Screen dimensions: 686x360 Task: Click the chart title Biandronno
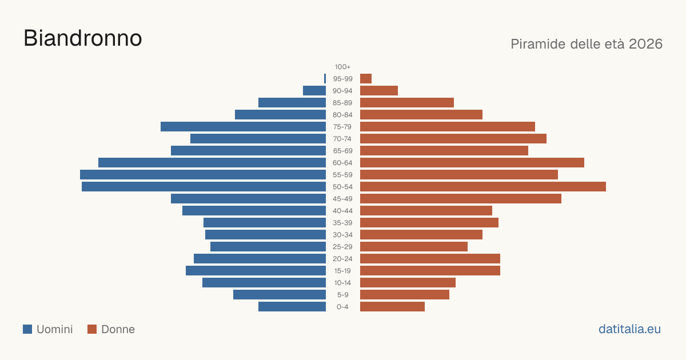click(83, 38)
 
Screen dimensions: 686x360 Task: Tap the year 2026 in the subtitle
click(645, 44)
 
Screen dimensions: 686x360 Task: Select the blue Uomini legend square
click(27, 329)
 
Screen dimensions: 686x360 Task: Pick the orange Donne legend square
click(92, 329)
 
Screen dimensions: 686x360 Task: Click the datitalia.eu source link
click(629, 329)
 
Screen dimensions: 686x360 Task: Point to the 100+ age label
click(342, 67)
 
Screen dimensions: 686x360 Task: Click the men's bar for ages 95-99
click(325, 79)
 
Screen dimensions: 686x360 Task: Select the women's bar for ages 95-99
click(366, 79)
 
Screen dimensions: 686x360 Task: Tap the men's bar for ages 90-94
click(314, 91)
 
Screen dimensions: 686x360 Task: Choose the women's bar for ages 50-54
click(483, 187)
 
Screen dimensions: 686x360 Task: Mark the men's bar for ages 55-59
click(203, 175)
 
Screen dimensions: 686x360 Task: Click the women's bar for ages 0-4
click(392, 307)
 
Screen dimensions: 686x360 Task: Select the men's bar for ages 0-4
click(292, 307)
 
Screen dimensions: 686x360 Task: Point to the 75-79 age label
click(342, 127)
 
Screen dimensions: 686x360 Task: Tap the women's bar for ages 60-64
click(472, 162)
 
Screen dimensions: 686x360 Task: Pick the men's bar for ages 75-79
click(243, 127)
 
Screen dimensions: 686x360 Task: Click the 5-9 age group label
click(342, 295)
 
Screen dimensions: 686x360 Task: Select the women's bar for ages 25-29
click(414, 247)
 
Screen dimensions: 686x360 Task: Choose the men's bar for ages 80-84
click(281, 115)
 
